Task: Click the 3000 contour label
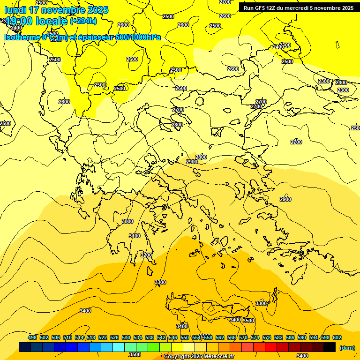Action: point(127,221)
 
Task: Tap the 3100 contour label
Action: point(135,236)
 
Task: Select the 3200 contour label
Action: point(146,255)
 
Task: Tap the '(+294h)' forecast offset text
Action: point(83,21)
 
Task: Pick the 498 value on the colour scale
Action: point(32,337)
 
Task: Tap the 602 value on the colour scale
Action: point(337,337)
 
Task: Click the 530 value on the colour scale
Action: point(126,337)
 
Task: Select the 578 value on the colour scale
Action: point(267,337)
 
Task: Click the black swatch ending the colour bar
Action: point(330,347)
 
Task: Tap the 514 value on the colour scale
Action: point(79,337)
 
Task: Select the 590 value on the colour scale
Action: point(302,337)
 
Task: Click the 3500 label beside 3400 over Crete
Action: point(248,321)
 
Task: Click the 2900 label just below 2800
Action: point(192,162)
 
